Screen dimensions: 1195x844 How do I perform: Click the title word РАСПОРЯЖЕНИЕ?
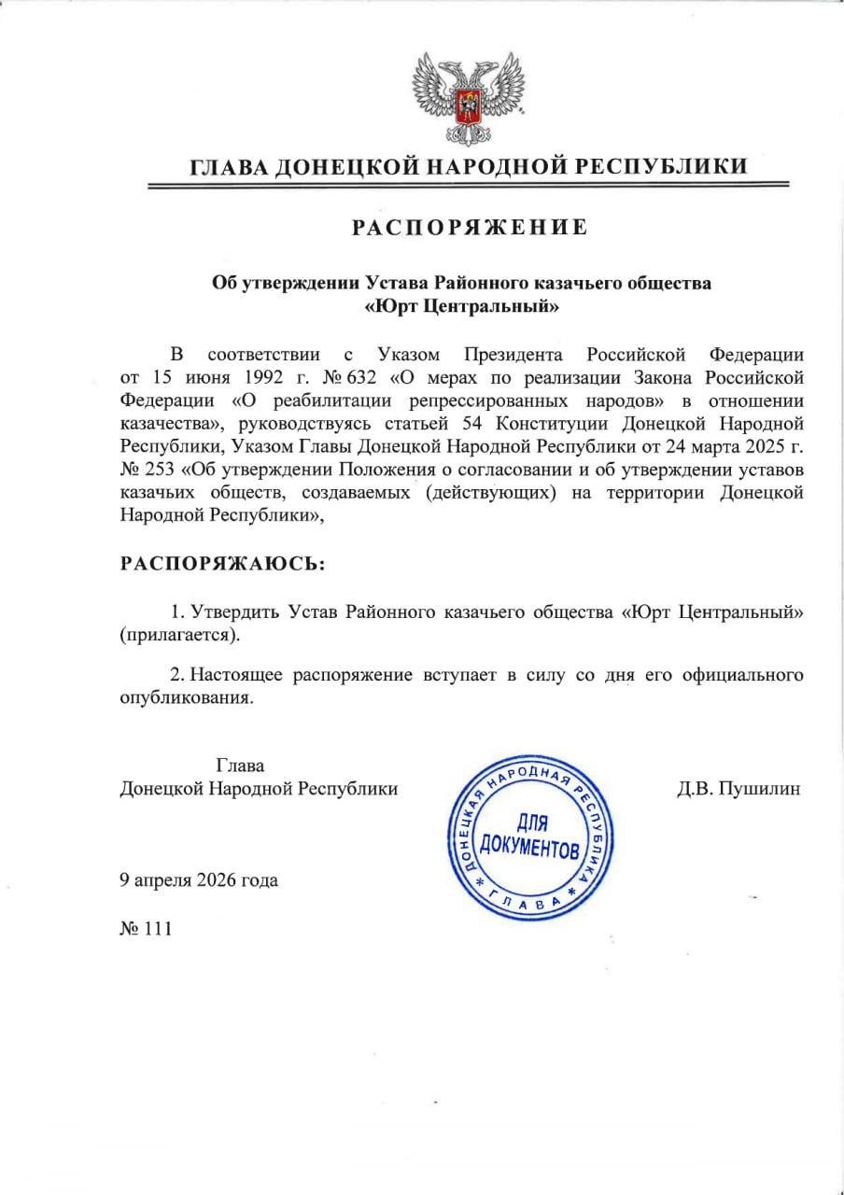coord(470,227)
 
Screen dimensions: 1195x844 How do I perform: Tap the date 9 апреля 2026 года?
coord(199,879)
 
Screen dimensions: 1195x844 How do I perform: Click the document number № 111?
coord(147,929)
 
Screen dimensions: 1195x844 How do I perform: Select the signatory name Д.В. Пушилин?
coord(738,789)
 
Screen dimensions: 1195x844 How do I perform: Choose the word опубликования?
coord(187,697)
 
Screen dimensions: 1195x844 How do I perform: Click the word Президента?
coord(513,356)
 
